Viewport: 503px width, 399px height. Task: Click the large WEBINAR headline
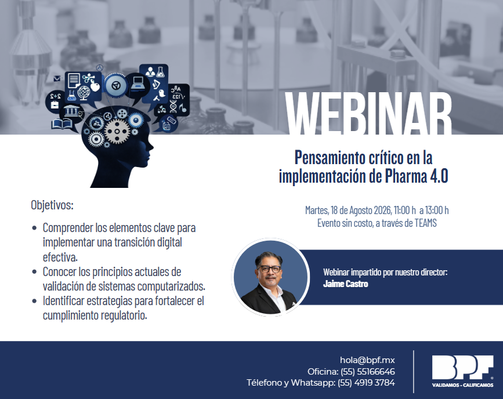[x=368, y=114]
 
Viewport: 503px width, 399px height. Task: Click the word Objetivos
[x=52, y=205]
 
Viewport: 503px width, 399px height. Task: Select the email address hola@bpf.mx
[x=367, y=360]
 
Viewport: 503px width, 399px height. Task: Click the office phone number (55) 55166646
[x=368, y=371]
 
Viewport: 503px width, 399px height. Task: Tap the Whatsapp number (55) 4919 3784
[x=366, y=383]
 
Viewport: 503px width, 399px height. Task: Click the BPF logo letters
[x=462, y=368]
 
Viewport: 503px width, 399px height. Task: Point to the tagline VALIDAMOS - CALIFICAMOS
[x=462, y=385]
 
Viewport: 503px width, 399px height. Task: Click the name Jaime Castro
[x=346, y=284]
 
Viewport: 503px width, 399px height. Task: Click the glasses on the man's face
[x=269, y=269]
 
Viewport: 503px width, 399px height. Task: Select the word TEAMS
[x=425, y=223]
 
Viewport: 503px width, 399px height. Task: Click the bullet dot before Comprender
[x=34, y=228]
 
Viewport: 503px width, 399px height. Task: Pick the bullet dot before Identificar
[x=34, y=301]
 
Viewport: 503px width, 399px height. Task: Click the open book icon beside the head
[x=62, y=124]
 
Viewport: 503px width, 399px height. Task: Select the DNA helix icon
[x=173, y=107]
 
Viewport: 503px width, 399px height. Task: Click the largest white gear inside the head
[x=117, y=130]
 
